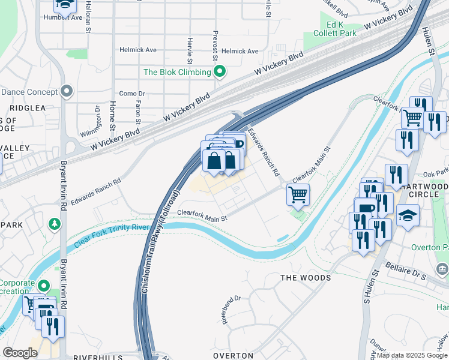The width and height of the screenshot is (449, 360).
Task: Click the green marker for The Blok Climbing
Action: [220, 73]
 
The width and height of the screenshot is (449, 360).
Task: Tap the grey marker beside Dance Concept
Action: [66, 92]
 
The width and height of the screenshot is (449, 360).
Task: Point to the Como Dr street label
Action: [132, 94]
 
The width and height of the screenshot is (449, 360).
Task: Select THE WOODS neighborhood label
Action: [306, 278]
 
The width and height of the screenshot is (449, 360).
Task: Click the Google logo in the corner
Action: [20, 353]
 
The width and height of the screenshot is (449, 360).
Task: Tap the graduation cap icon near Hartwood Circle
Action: [408, 215]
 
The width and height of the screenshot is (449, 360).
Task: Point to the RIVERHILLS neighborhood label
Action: [97, 357]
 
